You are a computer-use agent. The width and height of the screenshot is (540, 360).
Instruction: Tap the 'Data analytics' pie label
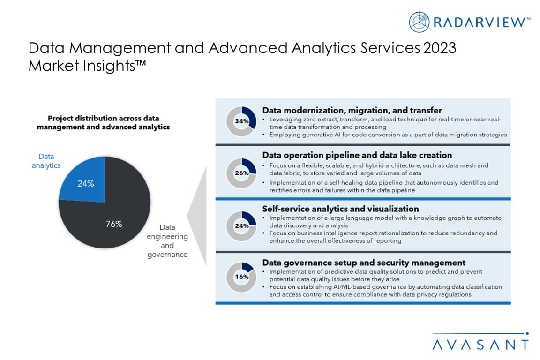[x=46, y=161]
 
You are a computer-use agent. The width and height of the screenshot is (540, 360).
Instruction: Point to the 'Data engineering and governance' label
[x=167, y=241]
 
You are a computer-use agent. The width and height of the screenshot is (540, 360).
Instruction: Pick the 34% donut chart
[x=242, y=121]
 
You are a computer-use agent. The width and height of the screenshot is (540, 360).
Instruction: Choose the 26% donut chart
[x=242, y=172]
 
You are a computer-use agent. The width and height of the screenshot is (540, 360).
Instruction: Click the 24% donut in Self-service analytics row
[x=242, y=225]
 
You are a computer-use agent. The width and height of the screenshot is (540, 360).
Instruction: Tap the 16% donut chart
[x=242, y=277]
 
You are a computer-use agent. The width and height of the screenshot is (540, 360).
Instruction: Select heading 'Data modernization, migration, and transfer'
[x=352, y=110]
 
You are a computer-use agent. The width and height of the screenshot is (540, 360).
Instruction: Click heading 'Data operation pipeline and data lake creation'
[x=357, y=155]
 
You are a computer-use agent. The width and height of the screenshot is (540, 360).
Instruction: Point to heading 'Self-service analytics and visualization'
[x=340, y=209]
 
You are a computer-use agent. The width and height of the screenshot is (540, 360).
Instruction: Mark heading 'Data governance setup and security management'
[x=363, y=262]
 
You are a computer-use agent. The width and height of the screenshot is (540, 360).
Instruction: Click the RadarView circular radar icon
[x=419, y=21]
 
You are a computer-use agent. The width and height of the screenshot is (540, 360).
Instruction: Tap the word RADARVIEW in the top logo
[x=478, y=22]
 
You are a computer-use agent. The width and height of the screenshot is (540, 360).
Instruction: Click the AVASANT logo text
[x=480, y=344]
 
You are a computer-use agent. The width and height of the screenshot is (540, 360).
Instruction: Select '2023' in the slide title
[x=439, y=48]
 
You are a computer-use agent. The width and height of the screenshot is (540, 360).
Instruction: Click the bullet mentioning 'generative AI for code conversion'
[x=388, y=135]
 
